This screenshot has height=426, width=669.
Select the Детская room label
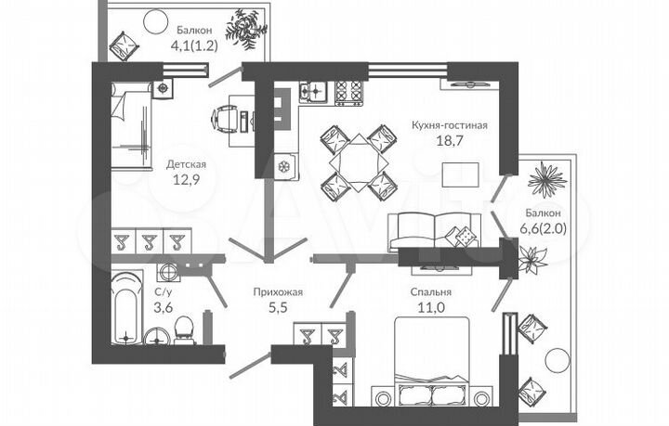[x=186, y=164]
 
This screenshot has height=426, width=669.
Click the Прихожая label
[x=279, y=291]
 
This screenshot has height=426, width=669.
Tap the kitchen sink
[x=312, y=90]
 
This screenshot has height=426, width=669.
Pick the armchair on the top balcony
[x=126, y=43]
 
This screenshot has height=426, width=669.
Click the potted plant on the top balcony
[x=246, y=29]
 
